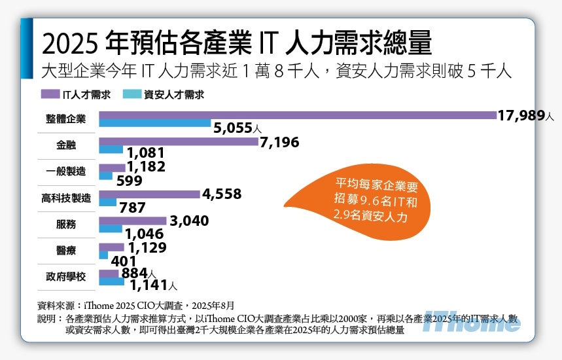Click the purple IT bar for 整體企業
click(298, 115)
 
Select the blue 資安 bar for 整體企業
click(155, 124)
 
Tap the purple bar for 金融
click(178, 141)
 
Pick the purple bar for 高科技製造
click(149, 194)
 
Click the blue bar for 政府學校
click(111, 282)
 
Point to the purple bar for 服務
click(133, 221)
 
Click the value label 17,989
click(521, 116)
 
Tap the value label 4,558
click(222, 194)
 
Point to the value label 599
click(130, 181)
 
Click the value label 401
click(124, 261)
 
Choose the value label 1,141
click(149, 285)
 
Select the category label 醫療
click(65, 250)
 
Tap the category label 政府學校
click(65, 277)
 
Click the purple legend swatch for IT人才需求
click(50, 94)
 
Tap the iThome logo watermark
click(470, 322)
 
